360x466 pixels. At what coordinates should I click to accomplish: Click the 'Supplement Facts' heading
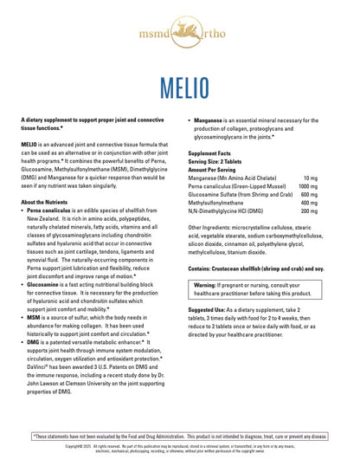coord(211,153)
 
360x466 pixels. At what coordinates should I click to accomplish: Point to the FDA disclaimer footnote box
coord(180,436)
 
